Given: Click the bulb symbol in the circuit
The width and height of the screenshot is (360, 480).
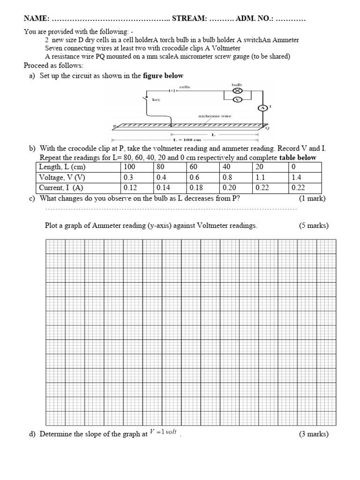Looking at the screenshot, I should click(x=237, y=91).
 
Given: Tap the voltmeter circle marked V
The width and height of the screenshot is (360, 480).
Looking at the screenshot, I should click(x=237, y=100).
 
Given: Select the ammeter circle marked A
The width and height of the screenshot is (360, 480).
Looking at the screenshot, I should click(x=263, y=108).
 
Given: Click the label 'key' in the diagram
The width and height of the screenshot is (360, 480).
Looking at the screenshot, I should click(x=156, y=99).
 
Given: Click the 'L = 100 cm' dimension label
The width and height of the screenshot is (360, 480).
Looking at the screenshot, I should click(x=187, y=139).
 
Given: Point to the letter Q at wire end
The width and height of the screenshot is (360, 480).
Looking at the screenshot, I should click(x=268, y=128).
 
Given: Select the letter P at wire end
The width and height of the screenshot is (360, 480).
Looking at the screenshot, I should click(x=114, y=126).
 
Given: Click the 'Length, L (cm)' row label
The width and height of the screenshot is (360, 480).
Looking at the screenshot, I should click(x=62, y=167).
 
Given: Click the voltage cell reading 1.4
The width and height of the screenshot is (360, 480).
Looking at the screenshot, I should click(x=296, y=178).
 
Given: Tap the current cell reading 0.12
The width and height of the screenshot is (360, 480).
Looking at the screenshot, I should click(x=130, y=187).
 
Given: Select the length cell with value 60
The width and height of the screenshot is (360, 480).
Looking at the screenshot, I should click(x=194, y=167).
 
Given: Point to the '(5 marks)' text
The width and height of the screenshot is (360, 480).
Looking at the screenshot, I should click(x=314, y=225).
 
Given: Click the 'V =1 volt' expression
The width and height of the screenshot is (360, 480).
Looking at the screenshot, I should click(x=163, y=432).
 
